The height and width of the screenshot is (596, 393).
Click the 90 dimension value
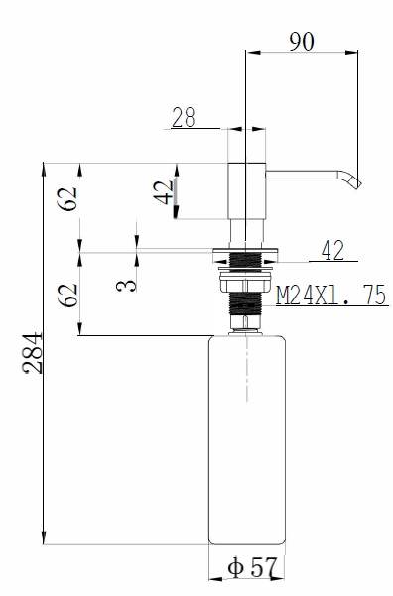[x=302, y=42]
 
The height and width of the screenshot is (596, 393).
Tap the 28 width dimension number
[x=184, y=117]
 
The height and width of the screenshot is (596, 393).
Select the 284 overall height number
[x=33, y=353]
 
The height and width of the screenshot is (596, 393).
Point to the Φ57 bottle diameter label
[x=252, y=567]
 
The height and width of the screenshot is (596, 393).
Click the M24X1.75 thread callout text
[x=331, y=295]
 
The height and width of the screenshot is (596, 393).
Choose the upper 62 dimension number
[x=67, y=198]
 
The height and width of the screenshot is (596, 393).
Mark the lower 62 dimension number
[x=67, y=296]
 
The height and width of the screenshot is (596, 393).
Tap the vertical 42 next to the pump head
[x=163, y=192]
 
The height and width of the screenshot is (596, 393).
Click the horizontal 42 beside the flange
[x=332, y=251]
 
